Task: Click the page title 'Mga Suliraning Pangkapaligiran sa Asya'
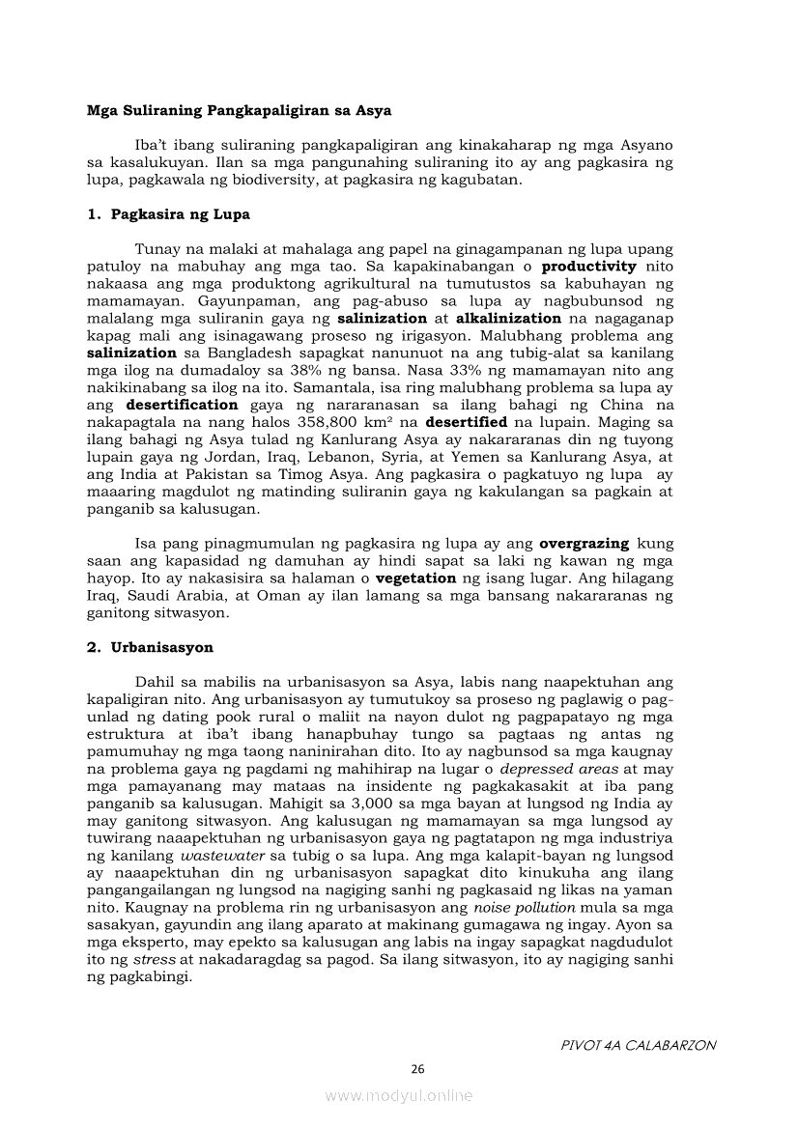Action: [240, 111]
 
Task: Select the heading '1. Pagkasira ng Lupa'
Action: [169, 214]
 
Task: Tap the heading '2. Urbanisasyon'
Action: [151, 647]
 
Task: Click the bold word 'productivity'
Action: [589, 266]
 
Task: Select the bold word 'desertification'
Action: [182, 405]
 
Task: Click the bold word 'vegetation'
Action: [415, 579]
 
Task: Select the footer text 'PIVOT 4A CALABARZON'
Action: [639, 1045]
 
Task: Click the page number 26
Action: [418, 1069]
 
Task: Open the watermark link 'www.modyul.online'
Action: [399, 1095]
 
